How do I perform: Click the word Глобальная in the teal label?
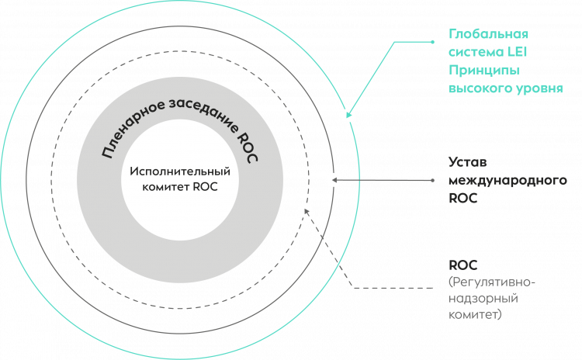478,36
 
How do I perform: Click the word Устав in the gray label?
468,162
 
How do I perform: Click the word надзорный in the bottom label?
483,299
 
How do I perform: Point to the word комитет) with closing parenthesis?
476,316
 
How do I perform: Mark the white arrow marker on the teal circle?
348,115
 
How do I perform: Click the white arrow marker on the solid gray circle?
334,180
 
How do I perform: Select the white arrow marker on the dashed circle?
306,210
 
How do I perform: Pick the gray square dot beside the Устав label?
432,180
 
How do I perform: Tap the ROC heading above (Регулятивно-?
461,264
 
